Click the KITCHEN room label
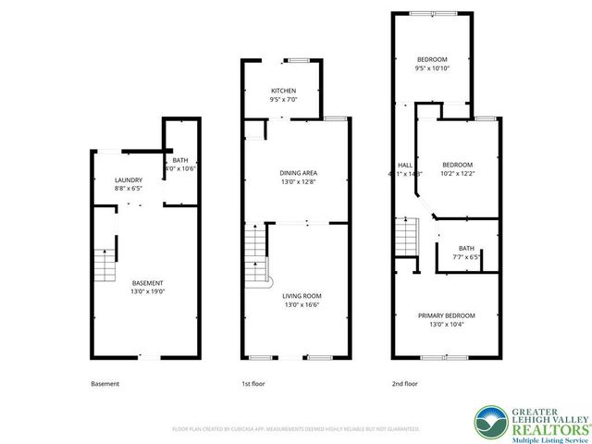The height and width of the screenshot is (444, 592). pyautogui.click(x=283, y=91)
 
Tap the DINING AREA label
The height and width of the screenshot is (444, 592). pyautogui.click(x=299, y=173)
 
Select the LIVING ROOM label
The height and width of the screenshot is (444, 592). pyautogui.click(x=302, y=296)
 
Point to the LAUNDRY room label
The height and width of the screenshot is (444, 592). pyautogui.click(x=128, y=179)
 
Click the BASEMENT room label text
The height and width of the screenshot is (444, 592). pyautogui.click(x=147, y=283)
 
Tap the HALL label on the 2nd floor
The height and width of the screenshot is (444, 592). pyautogui.click(x=404, y=165)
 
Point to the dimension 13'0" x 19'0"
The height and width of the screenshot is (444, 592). pyautogui.click(x=147, y=291)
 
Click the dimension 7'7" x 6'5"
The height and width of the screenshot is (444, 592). pyautogui.click(x=465, y=256)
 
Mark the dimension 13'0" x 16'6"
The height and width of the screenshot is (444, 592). pyautogui.click(x=302, y=304)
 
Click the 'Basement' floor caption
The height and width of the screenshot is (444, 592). pyautogui.click(x=105, y=384)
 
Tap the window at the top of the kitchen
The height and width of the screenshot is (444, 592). pyautogui.click(x=296, y=60)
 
